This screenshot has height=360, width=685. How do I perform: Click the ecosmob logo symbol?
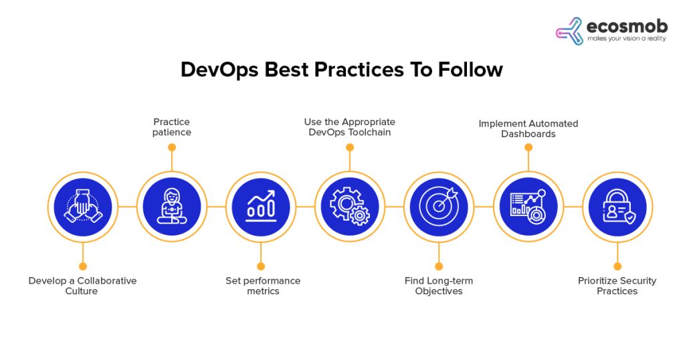(x=569, y=31)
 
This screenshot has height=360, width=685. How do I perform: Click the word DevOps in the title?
(x=218, y=70)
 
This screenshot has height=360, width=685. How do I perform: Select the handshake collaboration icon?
(x=82, y=206)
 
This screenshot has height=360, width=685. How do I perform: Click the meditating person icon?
(x=171, y=206)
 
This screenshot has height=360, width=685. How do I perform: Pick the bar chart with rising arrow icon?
(x=260, y=206)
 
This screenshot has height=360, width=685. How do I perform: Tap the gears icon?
(x=349, y=206)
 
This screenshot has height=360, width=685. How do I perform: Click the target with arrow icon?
(x=438, y=206)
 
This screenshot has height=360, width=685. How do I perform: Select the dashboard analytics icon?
(x=528, y=206)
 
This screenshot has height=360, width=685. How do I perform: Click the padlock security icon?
(x=617, y=206)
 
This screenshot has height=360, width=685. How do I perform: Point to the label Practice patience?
(x=172, y=127)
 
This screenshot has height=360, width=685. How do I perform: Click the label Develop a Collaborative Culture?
(x=82, y=286)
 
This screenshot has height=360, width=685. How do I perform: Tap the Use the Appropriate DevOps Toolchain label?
(x=350, y=127)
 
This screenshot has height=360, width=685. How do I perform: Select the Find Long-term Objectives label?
(x=439, y=286)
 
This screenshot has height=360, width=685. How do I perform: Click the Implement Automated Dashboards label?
(x=528, y=128)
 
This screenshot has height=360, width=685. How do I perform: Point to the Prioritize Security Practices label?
(x=617, y=286)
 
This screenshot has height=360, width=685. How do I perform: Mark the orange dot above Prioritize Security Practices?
(x=617, y=266)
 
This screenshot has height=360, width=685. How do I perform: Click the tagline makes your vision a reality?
(x=626, y=39)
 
